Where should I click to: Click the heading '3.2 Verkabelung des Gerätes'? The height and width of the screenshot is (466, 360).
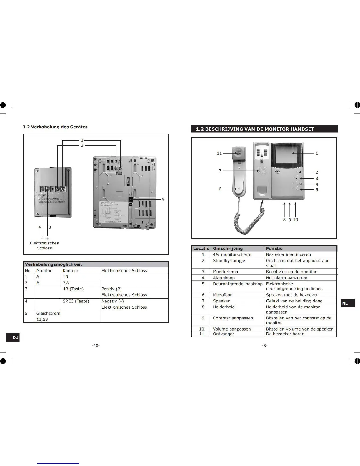[x=55, y=127]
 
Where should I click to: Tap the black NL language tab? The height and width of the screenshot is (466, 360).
[x=348, y=303]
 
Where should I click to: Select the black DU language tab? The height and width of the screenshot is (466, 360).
[x=13, y=337]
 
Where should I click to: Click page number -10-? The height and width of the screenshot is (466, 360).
[x=96, y=345]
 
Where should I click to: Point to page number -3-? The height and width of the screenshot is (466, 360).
[x=265, y=345]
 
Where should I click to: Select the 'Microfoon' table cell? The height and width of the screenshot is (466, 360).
[x=223, y=295]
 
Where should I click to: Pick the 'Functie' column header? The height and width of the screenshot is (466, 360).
[x=274, y=249]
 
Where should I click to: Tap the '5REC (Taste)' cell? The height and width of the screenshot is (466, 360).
[x=76, y=301]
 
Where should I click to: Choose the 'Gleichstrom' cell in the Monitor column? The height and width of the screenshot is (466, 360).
[x=48, y=314]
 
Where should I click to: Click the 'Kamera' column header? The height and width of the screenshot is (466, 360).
[x=71, y=271]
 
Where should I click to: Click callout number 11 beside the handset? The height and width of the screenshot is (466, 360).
[x=219, y=153]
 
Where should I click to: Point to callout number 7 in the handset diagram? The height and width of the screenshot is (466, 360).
[x=220, y=171]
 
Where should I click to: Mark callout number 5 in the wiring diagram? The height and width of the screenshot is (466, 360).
[x=163, y=199]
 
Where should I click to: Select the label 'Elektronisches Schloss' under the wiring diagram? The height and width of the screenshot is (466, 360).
[x=44, y=246]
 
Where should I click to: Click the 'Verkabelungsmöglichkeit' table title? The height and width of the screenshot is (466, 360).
[x=54, y=264]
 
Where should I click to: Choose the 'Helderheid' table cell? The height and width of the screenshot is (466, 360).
[x=224, y=307]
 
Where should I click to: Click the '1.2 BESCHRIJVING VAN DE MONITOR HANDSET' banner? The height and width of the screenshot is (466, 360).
[x=264, y=129]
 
